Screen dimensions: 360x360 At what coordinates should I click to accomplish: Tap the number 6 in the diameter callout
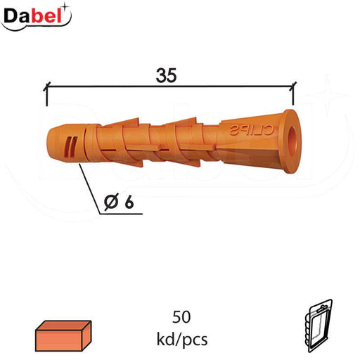point(129,202)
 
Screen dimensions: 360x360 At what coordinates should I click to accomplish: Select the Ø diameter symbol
point(110,202)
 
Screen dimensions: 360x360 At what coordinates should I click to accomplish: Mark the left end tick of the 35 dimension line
point(46,89)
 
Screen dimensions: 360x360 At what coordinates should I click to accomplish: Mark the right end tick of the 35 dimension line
point(293,89)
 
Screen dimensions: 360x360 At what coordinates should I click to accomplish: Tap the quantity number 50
point(182,316)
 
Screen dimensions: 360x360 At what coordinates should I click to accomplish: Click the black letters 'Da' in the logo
point(20,14)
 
